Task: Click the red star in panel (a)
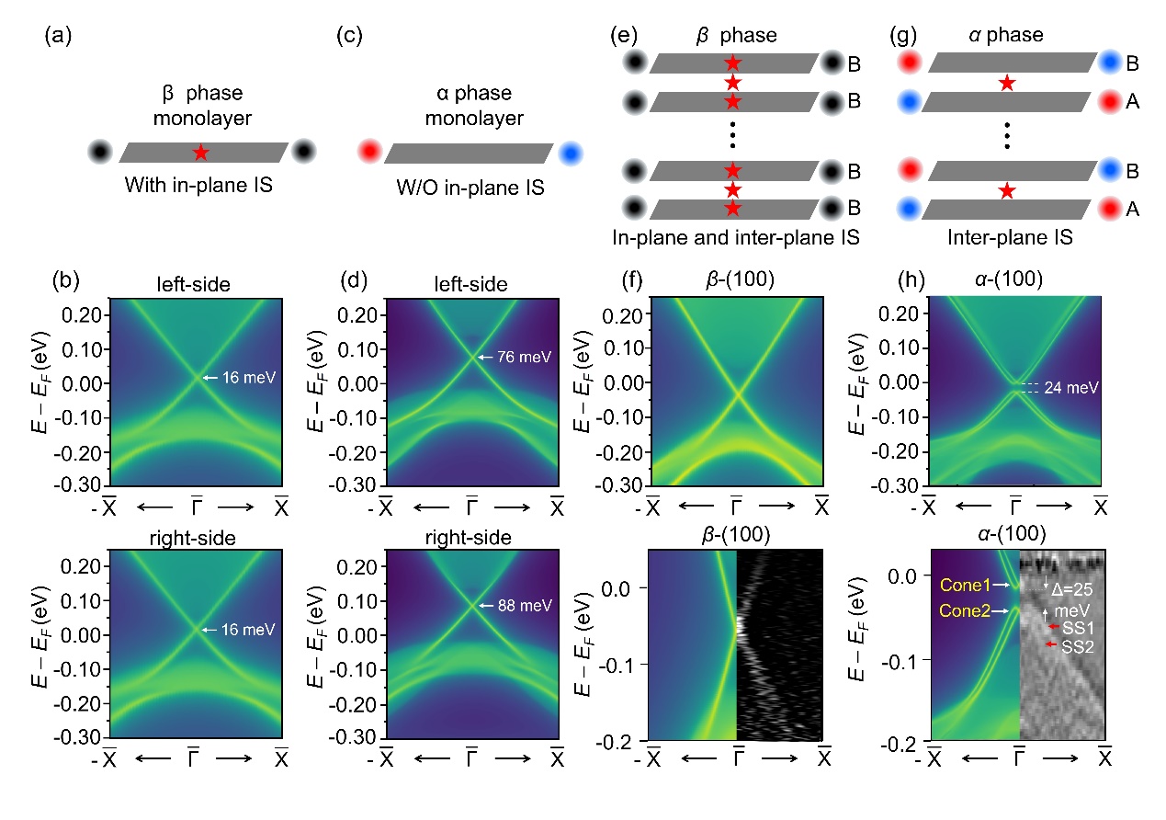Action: [x=201, y=153]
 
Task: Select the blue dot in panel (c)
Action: [x=569, y=152]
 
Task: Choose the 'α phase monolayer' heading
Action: [x=470, y=108]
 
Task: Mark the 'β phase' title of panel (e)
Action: [x=732, y=37]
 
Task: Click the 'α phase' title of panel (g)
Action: [x=1008, y=37]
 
